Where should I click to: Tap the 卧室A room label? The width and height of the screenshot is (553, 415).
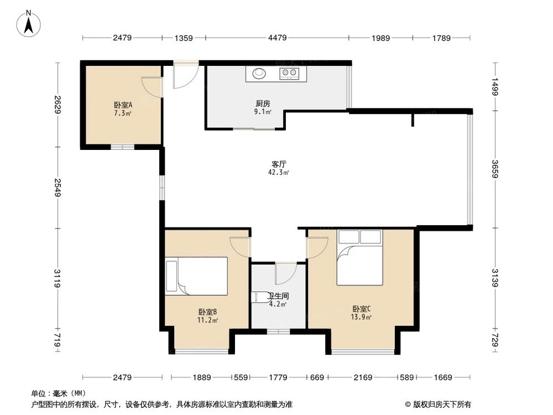(x=123, y=105)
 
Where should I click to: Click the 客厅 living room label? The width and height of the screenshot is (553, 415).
(x=278, y=164)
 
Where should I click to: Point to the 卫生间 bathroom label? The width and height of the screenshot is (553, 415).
(x=278, y=296)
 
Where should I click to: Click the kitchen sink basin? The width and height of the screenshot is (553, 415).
(x=259, y=72)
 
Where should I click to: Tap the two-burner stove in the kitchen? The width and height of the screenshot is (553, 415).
(x=289, y=72)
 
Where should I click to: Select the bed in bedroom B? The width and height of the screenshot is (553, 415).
(x=197, y=276)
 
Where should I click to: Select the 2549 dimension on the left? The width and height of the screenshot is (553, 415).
(x=57, y=188)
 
